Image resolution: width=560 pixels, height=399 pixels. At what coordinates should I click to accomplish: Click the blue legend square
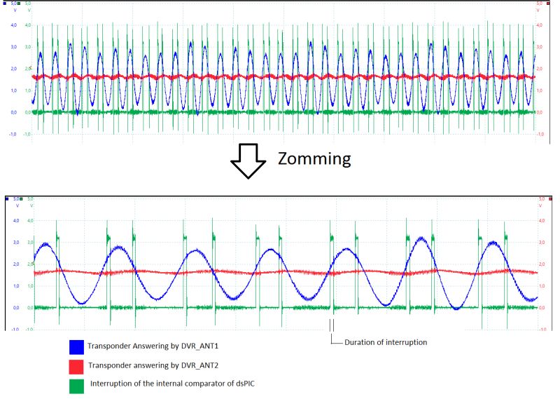click(x=77, y=347)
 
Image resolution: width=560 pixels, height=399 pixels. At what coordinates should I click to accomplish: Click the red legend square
click(x=77, y=365)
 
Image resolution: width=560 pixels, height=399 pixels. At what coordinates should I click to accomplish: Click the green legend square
click(x=77, y=384)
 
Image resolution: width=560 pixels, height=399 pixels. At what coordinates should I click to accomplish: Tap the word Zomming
click(x=314, y=158)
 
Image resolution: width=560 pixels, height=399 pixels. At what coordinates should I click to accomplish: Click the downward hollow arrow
click(x=248, y=161)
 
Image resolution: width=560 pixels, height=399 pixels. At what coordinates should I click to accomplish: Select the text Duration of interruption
click(x=386, y=342)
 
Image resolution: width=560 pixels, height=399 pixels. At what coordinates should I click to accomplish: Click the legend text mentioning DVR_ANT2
click(x=149, y=365)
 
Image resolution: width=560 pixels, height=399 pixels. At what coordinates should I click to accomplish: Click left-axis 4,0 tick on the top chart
click(x=13, y=25)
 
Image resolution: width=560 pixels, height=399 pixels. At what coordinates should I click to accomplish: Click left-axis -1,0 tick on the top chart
click(x=13, y=134)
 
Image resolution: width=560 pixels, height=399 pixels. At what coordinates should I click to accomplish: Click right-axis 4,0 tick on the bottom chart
click(x=541, y=220)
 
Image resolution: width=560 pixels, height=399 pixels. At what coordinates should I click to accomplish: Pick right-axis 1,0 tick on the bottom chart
click(x=541, y=286)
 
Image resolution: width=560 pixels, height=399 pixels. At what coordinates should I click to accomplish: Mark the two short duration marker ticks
click(x=332, y=325)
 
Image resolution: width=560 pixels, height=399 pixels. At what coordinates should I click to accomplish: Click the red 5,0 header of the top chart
click(x=541, y=4)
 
